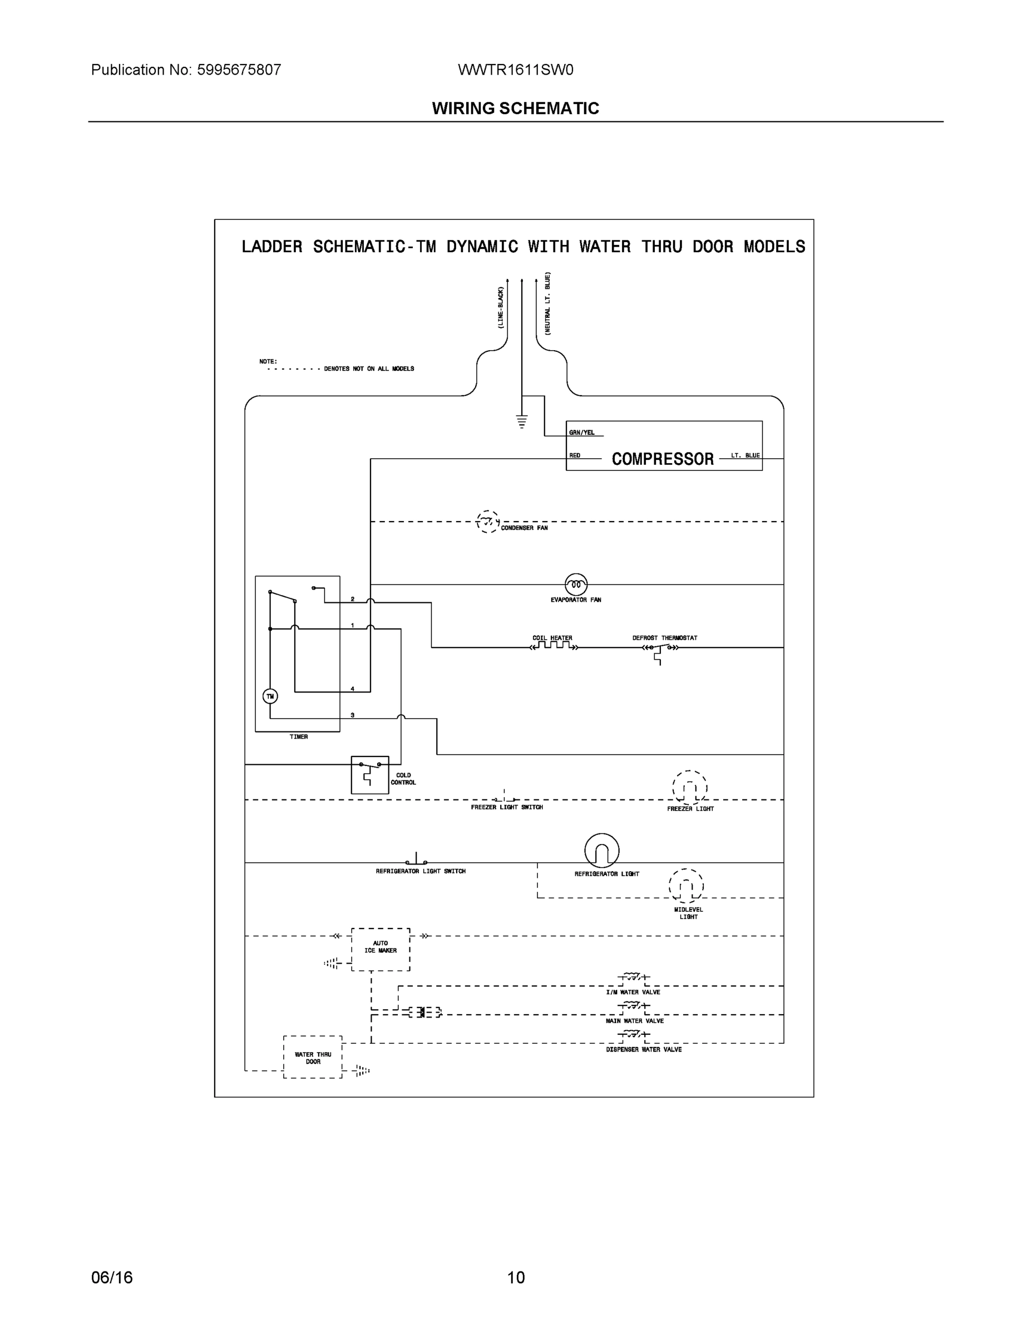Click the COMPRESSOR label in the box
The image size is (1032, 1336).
(663, 459)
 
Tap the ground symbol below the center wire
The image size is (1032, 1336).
(521, 421)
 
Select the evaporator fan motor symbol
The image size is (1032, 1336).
(576, 585)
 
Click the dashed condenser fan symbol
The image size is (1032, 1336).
(487, 522)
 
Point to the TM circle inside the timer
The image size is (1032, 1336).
(270, 696)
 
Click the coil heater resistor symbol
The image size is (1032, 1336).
(554, 646)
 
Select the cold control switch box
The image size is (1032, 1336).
(370, 774)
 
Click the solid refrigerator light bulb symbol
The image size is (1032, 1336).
(601, 850)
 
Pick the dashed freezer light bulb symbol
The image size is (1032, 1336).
(690, 788)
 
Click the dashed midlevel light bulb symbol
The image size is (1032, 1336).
(686, 886)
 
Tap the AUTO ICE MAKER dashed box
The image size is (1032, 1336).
(381, 949)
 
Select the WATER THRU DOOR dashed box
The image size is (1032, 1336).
(313, 1057)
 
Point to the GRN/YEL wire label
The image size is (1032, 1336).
(581, 433)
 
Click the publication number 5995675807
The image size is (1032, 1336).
(239, 70)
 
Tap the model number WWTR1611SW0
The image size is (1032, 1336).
(515, 70)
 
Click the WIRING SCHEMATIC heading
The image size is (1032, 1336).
(515, 109)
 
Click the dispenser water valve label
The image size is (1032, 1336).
(644, 1049)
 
